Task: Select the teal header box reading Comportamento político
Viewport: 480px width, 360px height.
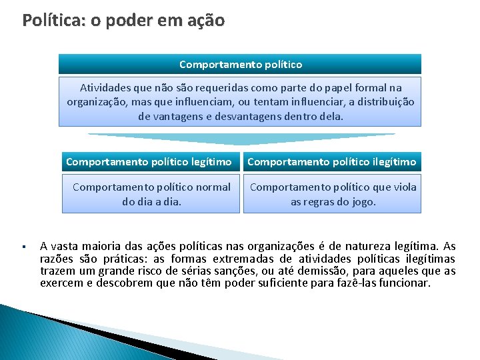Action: coord(240,65)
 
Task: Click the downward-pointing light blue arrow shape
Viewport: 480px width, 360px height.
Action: coord(240,139)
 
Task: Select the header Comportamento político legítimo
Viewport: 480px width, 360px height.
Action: coord(149,162)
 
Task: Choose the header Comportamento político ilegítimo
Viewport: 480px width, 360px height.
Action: coord(332,162)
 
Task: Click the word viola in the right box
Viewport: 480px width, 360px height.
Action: coord(404,187)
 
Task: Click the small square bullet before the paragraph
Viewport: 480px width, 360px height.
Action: coord(23,246)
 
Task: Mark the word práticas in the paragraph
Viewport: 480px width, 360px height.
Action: coord(114,259)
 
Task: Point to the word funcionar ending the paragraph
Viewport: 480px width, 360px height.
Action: coord(405,283)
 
